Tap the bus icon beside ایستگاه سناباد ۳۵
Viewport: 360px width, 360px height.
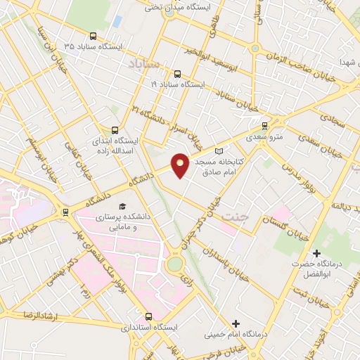pyautogui.click(x=94, y=37)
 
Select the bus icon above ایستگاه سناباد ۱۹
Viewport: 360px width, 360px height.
pyautogui.click(x=176, y=72)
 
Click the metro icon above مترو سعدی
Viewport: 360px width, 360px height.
pyautogui.click(x=264, y=126)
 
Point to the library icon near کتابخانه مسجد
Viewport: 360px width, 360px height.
pyautogui.click(x=218, y=151)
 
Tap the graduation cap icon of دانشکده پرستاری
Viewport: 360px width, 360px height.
pyautogui.click(x=124, y=206)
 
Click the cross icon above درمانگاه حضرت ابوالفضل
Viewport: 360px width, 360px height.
pyautogui.click(x=316, y=252)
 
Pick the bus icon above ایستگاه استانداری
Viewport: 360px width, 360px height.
pyautogui.click(x=148, y=316)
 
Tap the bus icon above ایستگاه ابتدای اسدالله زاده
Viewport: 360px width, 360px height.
pyautogui.click(x=115, y=129)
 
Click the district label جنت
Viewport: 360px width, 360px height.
pyautogui.click(x=234, y=217)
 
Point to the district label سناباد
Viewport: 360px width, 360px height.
pyautogui.click(x=145, y=64)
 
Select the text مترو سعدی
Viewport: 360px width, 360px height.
pyautogui.click(x=264, y=136)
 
